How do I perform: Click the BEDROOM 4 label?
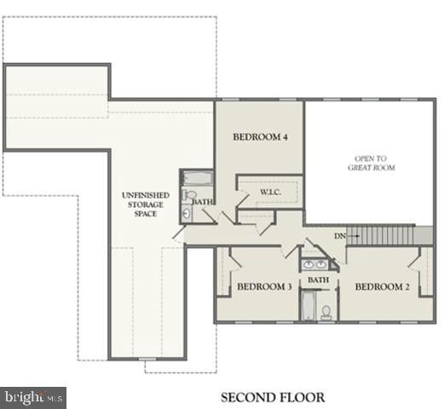click(x=260, y=136)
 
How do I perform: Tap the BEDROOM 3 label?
click(x=264, y=287)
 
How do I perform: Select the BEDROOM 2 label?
click(x=383, y=287)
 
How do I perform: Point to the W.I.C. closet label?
click(x=272, y=193)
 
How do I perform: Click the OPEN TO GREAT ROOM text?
click(x=372, y=163)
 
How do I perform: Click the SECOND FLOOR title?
click(x=273, y=397)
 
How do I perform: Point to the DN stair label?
click(x=340, y=235)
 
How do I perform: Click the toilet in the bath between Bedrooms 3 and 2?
click(x=326, y=312)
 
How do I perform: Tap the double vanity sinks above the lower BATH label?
click(x=317, y=262)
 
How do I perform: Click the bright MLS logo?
click(x=34, y=397)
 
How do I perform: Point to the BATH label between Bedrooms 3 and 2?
click(x=319, y=279)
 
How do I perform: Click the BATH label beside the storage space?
click(x=202, y=202)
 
